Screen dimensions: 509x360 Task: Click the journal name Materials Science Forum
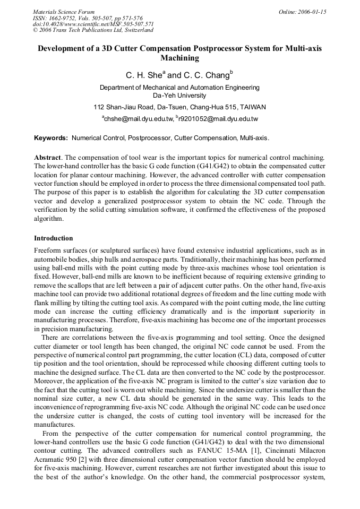pos(64,11)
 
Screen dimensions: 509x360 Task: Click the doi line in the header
pos(93,24)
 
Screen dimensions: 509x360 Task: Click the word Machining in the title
pos(179,58)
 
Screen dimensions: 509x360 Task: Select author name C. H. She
pos(143,75)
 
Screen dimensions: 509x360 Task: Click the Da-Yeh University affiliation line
pos(179,96)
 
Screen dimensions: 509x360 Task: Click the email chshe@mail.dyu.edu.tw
pos(139,119)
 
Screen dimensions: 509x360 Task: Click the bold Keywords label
pos(51,138)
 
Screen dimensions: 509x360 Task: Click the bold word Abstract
pos(47,158)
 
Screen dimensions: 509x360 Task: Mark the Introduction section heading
pos(54,238)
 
